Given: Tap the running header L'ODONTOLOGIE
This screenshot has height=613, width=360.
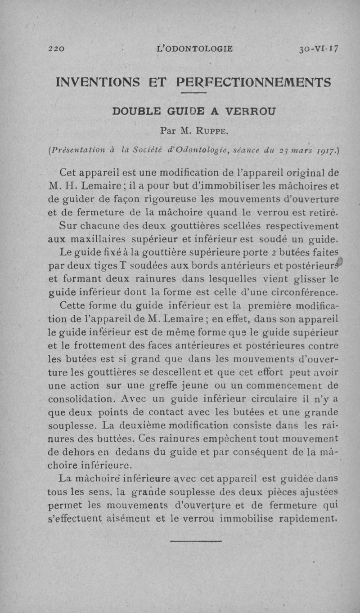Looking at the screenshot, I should (x=194, y=49).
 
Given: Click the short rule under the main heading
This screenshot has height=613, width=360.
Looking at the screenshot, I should (x=193, y=93).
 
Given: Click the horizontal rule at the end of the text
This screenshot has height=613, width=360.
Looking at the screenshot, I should (x=196, y=541).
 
